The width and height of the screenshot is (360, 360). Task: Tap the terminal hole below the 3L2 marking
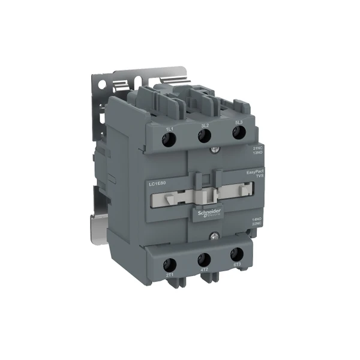(204, 136)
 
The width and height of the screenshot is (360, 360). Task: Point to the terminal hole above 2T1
(170, 263)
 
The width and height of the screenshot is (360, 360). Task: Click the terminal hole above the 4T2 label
(203, 259)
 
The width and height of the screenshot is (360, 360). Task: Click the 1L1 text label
(170, 128)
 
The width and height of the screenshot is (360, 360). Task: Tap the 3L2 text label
(205, 125)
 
